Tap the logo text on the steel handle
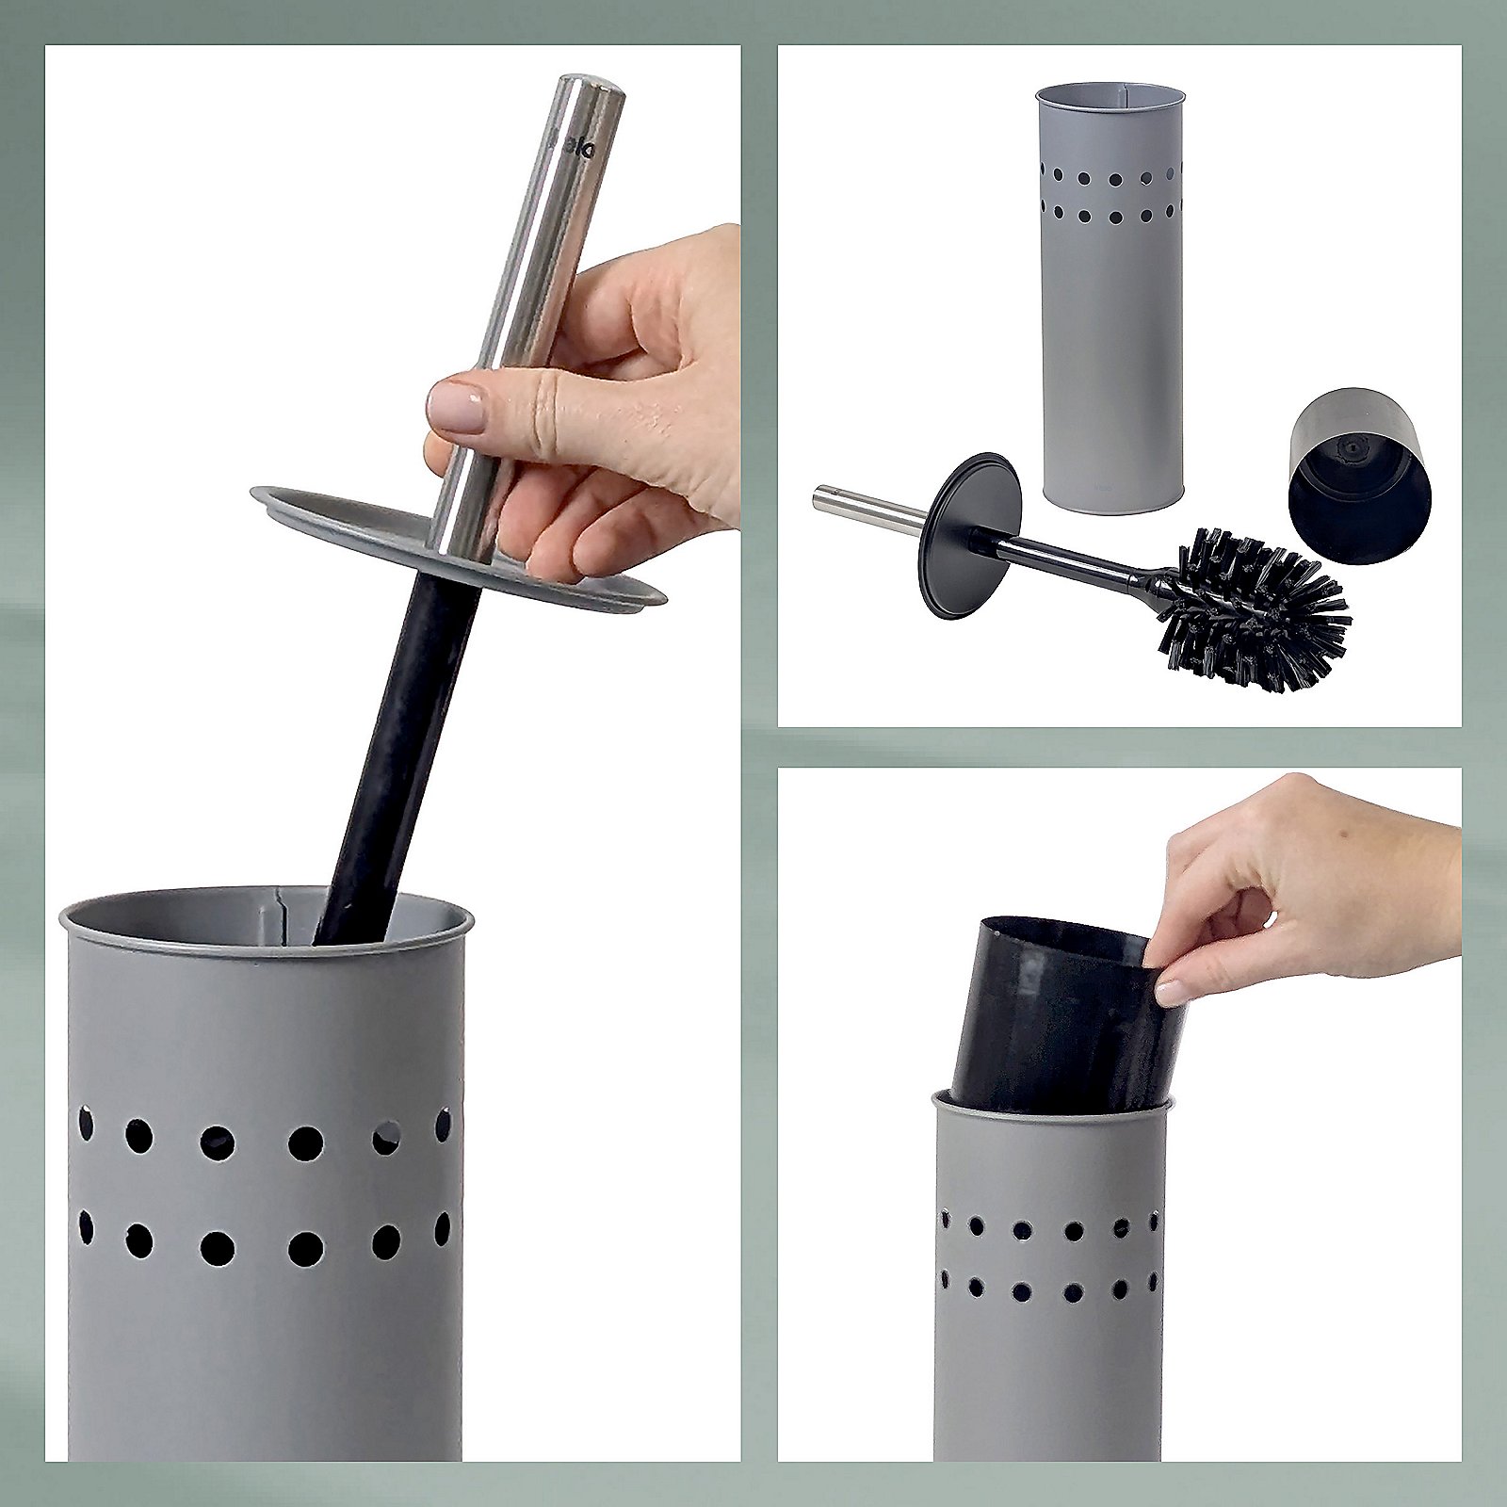572,148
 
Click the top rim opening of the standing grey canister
1110,94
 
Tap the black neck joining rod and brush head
1157,584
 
